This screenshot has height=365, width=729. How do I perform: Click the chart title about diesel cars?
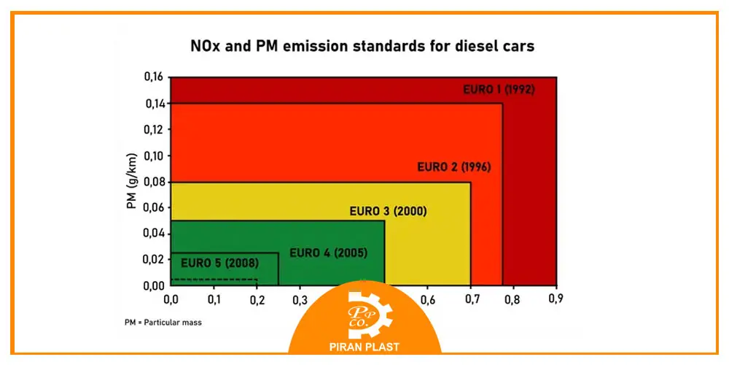tap(363, 47)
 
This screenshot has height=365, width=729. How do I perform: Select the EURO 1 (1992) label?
tap(499, 91)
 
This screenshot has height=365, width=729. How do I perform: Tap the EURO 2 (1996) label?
tap(454, 166)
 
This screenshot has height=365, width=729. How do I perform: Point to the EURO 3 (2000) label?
tap(388, 212)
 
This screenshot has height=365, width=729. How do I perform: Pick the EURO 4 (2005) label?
tap(328, 253)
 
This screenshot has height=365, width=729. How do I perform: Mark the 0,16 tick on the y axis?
tap(153, 77)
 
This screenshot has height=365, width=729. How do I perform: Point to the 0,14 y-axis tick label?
tap(153, 104)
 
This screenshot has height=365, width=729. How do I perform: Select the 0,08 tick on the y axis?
tap(153, 182)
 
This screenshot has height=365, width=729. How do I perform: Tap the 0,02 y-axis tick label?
tap(153, 260)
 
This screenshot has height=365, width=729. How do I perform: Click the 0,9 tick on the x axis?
tap(556, 299)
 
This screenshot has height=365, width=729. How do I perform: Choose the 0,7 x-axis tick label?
tap(471, 299)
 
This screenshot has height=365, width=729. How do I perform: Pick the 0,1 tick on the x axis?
tap(214, 299)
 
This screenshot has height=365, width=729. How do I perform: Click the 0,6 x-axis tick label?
tap(428, 299)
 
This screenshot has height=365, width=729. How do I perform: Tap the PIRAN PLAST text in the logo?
tap(364, 347)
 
